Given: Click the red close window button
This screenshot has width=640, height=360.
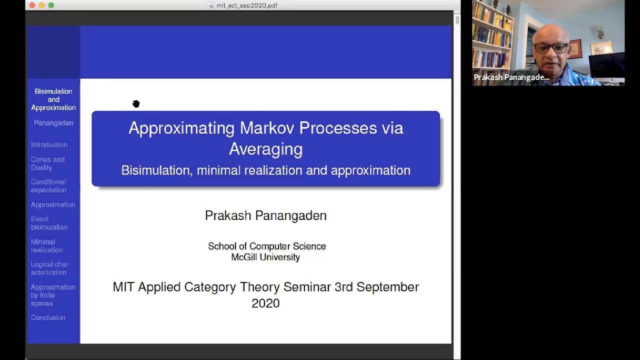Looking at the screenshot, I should (32, 5).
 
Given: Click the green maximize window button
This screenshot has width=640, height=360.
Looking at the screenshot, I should (51, 5).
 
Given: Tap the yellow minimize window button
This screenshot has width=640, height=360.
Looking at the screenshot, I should (41, 5).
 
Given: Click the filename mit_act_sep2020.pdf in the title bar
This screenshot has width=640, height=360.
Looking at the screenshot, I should (246, 5).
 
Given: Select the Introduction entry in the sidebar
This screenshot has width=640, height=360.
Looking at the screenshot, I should (49, 144).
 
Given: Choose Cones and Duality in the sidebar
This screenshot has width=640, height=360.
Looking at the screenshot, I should (47, 163).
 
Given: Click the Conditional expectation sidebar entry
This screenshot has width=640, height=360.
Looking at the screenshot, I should (48, 186).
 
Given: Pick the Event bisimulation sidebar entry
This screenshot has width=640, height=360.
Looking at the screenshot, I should (49, 223).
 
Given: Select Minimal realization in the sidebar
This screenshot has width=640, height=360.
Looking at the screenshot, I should (46, 245).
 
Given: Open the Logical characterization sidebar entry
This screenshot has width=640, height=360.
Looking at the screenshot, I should (50, 268).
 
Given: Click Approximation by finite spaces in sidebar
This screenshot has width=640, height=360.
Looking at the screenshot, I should (52, 295).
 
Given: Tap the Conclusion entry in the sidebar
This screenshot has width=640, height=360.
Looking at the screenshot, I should (48, 317).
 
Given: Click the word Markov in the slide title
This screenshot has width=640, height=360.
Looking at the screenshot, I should (267, 128).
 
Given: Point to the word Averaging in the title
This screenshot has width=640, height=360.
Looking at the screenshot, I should (265, 149).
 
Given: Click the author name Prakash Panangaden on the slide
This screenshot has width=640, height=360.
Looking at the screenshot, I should (265, 215).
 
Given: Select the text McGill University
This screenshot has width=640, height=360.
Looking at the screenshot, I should (265, 257).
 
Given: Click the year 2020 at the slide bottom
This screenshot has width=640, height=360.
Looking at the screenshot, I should (265, 303).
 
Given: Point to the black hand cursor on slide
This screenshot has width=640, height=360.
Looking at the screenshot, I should (136, 104).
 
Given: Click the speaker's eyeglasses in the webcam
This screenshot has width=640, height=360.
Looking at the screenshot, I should (551, 48).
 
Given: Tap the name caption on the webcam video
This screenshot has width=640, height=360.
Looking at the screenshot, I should (511, 77).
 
